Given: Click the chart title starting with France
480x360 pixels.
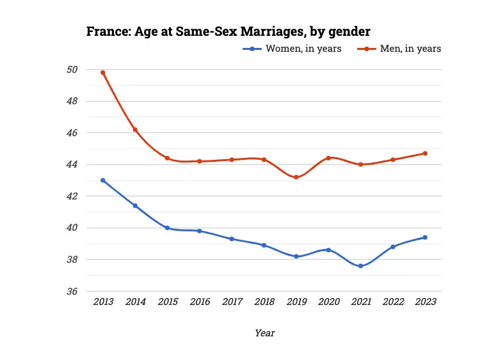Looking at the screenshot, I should (228, 31).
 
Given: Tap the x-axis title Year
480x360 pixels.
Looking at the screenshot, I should (264, 333).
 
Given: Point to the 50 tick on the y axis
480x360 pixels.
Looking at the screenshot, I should (72, 70).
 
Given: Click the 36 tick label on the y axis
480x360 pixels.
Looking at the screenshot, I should (72, 292).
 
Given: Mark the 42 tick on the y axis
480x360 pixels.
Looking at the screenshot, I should (72, 196).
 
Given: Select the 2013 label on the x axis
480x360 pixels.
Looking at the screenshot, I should (102, 302).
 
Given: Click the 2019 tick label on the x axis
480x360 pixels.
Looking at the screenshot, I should (296, 302).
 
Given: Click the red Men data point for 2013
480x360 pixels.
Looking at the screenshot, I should (102, 73).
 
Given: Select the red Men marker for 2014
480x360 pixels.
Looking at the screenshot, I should (135, 130).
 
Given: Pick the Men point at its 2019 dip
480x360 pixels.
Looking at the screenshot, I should (296, 177).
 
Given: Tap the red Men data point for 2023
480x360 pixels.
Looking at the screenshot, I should (424, 153).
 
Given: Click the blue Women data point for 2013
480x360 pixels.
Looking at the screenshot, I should (102, 180).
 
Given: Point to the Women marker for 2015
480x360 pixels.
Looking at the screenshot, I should (167, 228).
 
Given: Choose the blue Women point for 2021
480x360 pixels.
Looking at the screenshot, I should (360, 266).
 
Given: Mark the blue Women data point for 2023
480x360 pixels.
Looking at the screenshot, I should (424, 237).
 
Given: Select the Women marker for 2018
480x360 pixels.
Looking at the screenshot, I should (264, 245).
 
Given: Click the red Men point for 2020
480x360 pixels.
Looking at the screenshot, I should (328, 158).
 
